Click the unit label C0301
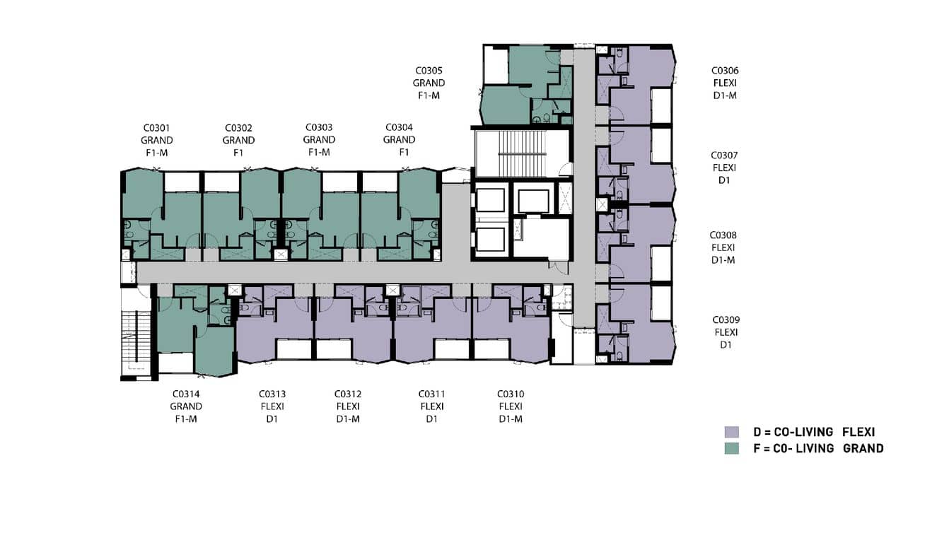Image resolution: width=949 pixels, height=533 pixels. coord(157,128)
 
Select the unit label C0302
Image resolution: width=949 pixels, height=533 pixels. coord(239,128)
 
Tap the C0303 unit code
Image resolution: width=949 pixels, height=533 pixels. coord(319,128)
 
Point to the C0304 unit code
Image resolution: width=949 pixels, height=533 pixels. coord(399,128)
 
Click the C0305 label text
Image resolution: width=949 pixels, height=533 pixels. coord(429,71)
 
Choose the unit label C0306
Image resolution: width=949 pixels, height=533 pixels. coord(725,71)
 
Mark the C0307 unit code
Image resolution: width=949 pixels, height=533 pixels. coord(725,156)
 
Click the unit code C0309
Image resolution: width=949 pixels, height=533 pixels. coord(726,320)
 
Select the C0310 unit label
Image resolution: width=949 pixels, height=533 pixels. coord(511,394)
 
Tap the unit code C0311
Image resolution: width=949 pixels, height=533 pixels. coord(432,394)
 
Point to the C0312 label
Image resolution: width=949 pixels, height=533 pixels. coord(348,394)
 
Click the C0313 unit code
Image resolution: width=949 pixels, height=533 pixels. coord(272,394)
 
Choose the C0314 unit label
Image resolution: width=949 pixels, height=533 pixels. coord(186,394)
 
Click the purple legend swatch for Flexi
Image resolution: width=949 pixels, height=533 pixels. coord(731,432)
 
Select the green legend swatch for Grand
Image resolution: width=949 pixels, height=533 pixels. coord(731,448)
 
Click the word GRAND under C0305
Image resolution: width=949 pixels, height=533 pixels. coord(429,83)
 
